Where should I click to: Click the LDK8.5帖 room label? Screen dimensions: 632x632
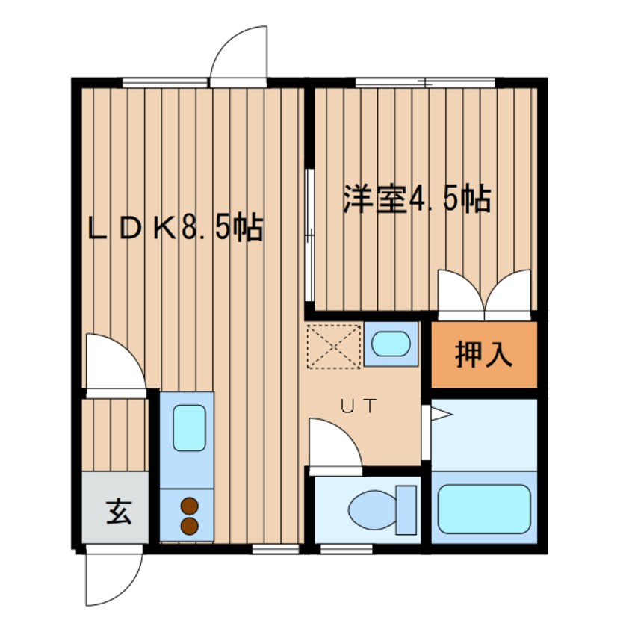[x=176, y=228]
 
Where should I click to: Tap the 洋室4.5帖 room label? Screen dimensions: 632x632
[x=417, y=199]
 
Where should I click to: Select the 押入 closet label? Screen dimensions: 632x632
[x=483, y=354]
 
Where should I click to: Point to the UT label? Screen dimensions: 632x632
[x=359, y=406]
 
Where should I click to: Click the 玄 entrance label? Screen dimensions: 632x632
[x=119, y=512]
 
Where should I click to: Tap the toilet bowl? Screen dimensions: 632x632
[x=373, y=511]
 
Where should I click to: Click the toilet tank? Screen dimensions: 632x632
[x=406, y=510]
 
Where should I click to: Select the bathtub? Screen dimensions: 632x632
[x=483, y=509]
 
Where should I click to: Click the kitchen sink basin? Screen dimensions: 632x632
[x=189, y=428]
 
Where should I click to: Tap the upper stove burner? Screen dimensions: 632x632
[x=190, y=506]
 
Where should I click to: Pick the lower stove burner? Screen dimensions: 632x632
[x=190, y=526]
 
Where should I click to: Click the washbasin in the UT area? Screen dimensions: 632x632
[x=391, y=344]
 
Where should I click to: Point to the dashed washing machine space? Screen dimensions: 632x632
[x=334, y=346]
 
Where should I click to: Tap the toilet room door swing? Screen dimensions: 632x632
[x=345, y=435]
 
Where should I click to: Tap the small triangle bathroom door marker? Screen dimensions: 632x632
[x=442, y=414]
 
